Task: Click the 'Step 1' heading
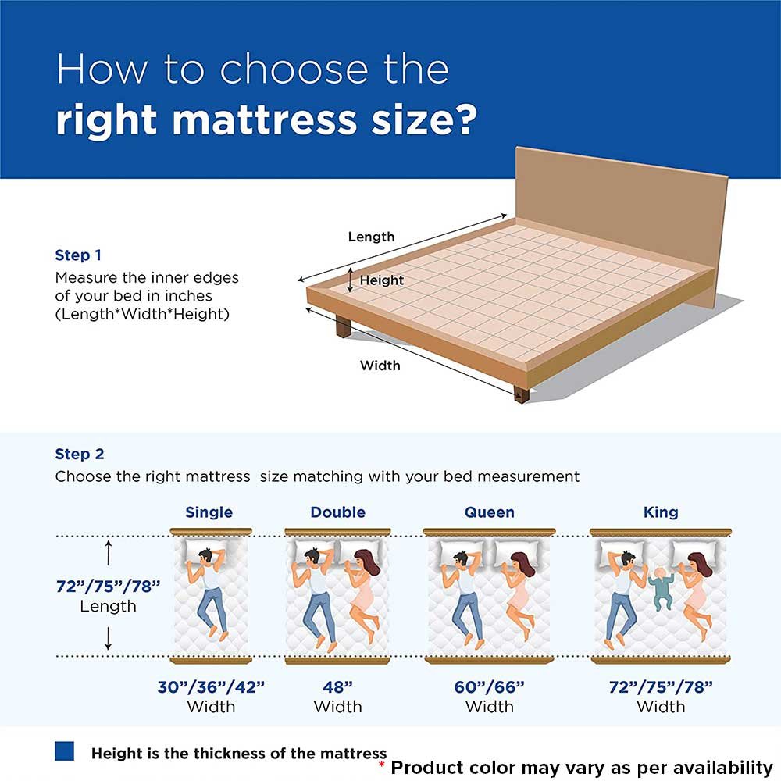pos(78,255)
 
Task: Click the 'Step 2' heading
pos(80,454)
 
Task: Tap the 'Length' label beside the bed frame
pos(371,237)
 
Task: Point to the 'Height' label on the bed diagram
pos(382,280)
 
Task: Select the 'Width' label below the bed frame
pos(380,366)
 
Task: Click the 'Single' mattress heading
pos(209,512)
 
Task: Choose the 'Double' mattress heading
pos(337,512)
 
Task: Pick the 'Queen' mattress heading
pos(489,512)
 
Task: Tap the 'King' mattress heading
pos(661,512)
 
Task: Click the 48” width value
pos(337,686)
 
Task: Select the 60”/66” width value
pos(489,686)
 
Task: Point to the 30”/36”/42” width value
pos(211,686)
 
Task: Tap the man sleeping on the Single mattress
pos(209,593)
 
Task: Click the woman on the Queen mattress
pos(518,593)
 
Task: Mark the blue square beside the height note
pos(64,751)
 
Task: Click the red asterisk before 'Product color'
pos(382,764)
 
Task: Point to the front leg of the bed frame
pos(522,394)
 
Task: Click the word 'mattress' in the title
pos(265,120)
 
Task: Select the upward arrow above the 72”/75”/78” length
pos(109,553)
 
